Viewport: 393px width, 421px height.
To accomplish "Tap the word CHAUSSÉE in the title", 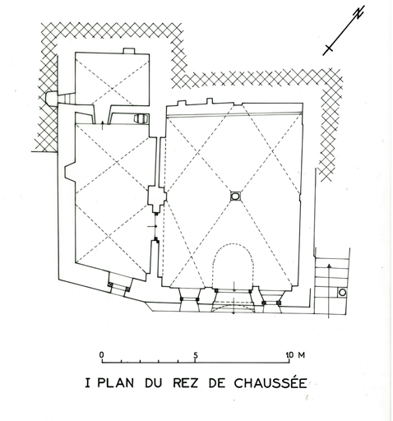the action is pos(270,382).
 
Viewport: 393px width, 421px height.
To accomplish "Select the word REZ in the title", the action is pos(185,383).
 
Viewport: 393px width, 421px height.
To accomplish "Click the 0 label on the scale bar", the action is pos(102,355).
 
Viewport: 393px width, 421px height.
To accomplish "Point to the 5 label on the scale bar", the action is pos(196,355).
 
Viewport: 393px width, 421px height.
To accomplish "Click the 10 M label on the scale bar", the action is pos(295,355).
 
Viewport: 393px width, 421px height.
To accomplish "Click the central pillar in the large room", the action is pos(235,196).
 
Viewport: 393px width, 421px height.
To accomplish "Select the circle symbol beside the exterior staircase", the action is pos(342,293).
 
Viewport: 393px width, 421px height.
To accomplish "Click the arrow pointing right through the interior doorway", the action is pos(152,226).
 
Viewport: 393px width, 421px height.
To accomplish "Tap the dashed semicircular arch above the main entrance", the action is pos(233,244).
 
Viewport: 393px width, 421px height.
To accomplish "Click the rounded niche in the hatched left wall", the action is pos(51,98).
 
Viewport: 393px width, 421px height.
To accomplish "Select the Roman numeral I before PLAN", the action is pos(87,383).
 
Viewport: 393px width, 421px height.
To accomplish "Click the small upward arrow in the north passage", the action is pos(102,125).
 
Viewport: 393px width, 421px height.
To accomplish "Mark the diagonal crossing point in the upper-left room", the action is pos(112,88).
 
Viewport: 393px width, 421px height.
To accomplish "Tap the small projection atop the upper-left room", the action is pos(129,51).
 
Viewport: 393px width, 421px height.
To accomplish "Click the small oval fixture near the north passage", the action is pos(141,118).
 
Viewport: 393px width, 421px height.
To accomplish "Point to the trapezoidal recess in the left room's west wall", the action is pos(70,172).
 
